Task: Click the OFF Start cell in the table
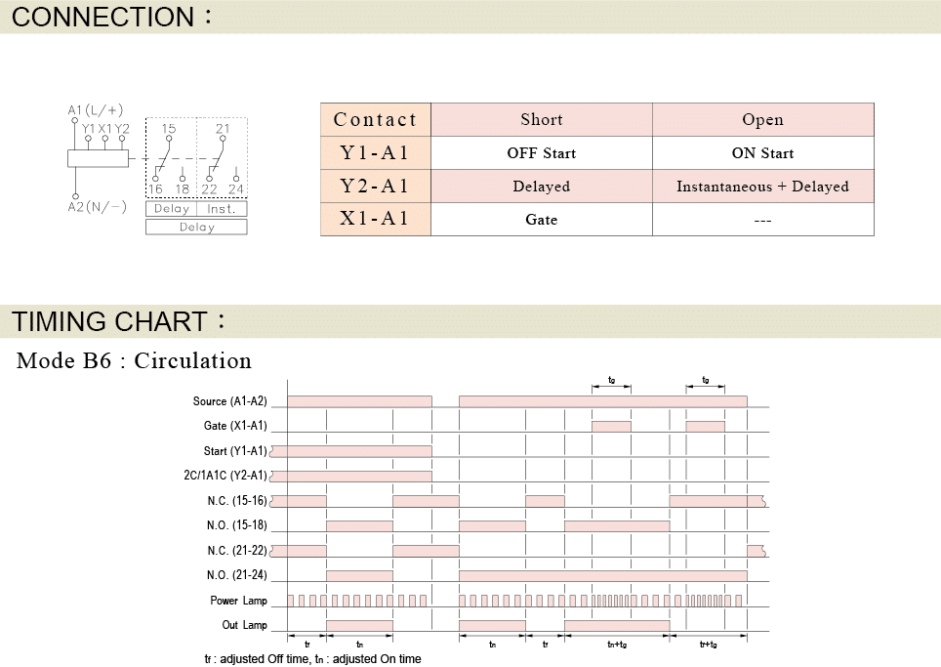point(542,153)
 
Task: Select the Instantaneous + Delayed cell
point(762,187)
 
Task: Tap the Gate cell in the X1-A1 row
point(542,219)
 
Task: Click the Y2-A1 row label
point(375,187)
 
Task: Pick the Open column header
point(762,119)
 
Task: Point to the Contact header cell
point(375,119)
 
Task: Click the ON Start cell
point(762,153)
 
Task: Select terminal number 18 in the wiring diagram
point(183,189)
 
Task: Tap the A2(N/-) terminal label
point(98,207)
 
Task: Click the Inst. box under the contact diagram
point(222,209)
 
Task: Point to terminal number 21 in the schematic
point(223,129)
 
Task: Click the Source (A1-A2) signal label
point(229,401)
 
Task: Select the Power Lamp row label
point(238,601)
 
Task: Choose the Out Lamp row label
point(244,625)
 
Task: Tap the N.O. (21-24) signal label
point(236,575)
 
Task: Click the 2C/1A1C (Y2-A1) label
point(225,476)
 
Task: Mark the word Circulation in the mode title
point(192,360)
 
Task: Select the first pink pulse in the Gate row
point(611,426)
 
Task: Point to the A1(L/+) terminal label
point(96,110)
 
